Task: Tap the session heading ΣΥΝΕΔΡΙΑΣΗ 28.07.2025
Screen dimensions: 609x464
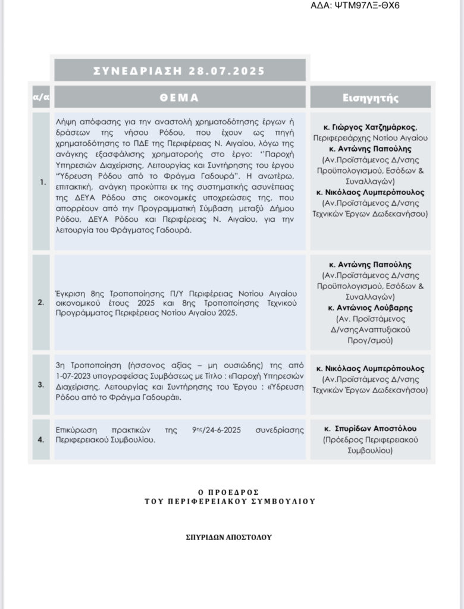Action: click(180, 71)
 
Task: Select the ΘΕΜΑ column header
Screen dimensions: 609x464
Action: click(180, 98)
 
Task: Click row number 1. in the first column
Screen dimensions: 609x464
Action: click(41, 182)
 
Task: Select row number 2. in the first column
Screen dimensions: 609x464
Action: click(41, 302)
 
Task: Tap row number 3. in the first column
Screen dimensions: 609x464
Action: click(41, 384)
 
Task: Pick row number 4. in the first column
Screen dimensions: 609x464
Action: click(41, 440)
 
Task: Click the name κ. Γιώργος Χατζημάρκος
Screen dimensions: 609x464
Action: click(371, 127)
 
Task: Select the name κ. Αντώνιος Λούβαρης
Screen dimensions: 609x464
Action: click(371, 307)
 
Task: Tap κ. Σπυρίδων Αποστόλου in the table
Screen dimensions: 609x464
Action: click(371, 429)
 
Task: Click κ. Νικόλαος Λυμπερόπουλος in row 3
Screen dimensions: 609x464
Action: click(371, 369)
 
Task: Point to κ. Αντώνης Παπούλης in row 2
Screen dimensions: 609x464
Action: click(371, 265)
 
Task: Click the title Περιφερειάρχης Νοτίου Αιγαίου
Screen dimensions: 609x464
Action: click(371, 137)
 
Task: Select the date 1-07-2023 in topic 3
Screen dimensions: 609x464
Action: click(72, 374)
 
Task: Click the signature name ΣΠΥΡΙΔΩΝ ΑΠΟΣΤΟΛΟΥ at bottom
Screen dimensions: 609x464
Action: click(228, 536)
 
